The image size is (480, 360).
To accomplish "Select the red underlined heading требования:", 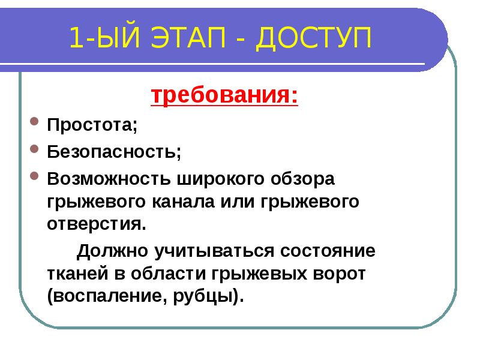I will pos(223,96).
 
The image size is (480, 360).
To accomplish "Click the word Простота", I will pos(92,126).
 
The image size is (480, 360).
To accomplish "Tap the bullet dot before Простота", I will pos(35,125).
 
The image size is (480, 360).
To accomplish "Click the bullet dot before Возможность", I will pos(35,178).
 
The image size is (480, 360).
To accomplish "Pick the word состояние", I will pos(326,250).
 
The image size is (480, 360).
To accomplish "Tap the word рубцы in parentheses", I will pos(209,296).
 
